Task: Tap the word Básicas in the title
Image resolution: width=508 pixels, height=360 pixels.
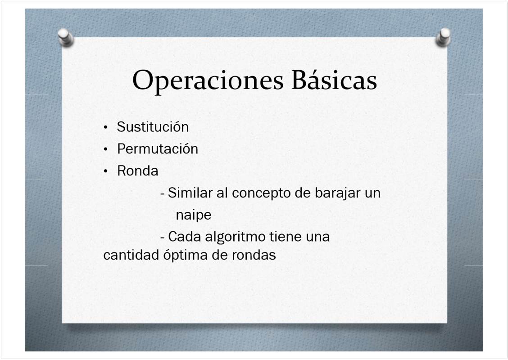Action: coord(334,80)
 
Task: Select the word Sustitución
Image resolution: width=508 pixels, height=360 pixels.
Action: coord(153,126)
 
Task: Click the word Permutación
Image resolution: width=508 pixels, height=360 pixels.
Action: coord(158,149)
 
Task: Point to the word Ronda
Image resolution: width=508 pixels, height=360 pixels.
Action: coord(138,171)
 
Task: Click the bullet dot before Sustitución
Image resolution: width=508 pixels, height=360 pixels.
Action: coord(106,127)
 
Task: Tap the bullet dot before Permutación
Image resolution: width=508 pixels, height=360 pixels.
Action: coord(106,149)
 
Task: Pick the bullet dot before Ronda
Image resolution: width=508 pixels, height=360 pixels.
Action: coord(106,171)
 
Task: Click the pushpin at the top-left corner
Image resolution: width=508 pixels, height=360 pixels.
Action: coord(66,37)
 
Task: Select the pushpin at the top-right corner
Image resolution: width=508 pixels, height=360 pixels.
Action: coord(443,37)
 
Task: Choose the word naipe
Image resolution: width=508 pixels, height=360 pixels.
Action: coord(194,215)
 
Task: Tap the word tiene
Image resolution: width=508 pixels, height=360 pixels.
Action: coord(286,237)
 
